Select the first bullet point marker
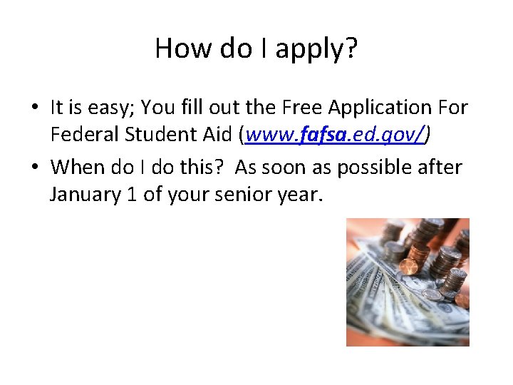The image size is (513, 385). click(x=35, y=108)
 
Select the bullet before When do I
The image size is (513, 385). click(x=35, y=168)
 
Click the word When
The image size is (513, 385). click(x=78, y=168)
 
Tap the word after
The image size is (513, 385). click(x=440, y=168)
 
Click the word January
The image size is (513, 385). click(x=82, y=195)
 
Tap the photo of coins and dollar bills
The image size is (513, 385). click(x=408, y=282)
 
